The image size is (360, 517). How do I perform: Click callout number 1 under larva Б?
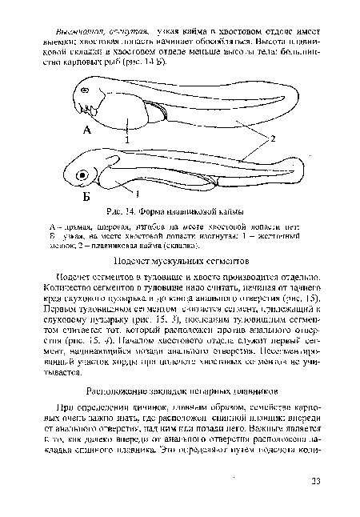tap(138, 194)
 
